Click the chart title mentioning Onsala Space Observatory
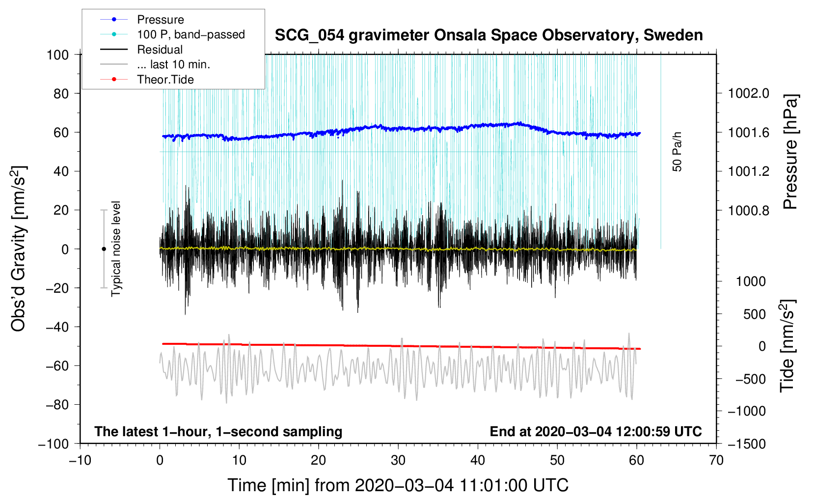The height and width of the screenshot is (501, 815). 489,35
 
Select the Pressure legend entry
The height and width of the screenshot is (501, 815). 161,20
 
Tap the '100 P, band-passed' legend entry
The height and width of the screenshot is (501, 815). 190,34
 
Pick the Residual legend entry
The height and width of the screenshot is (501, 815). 160,50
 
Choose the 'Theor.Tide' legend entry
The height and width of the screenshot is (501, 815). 165,80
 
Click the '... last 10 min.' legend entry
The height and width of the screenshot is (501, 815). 173,64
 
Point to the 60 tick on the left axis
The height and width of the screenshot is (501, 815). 58,132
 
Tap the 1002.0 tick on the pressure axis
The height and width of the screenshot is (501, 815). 748,93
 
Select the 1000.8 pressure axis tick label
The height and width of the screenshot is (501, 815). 748,210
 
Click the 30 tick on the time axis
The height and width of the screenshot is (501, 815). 398,460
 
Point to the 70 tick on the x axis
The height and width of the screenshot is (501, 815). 716,460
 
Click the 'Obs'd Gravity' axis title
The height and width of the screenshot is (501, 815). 19,249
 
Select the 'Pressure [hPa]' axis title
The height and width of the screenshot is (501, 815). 790,152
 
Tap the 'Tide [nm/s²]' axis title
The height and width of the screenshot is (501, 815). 788,346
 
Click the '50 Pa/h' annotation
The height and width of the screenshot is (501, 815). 678,152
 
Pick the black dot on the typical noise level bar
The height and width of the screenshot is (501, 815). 104,249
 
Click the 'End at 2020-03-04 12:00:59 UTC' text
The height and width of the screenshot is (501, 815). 596,431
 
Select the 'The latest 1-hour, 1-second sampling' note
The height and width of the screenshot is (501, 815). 218,431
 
